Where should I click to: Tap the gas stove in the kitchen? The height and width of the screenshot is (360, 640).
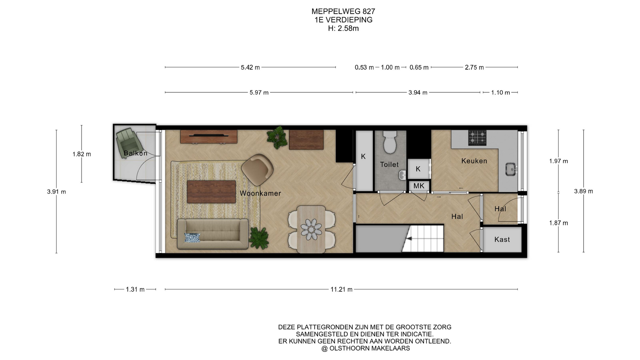click(x=477, y=138)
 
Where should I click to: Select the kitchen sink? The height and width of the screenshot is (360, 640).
click(x=510, y=169)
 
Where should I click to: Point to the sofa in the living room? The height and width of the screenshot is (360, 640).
click(x=213, y=234)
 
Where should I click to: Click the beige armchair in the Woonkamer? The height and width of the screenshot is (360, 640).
click(x=257, y=169)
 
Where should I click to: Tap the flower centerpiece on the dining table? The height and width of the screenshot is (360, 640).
click(x=311, y=229)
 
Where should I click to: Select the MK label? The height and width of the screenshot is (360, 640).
click(x=419, y=186)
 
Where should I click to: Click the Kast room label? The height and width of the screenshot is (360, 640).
click(x=502, y=239)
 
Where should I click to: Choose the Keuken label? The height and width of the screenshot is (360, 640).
click(x=474, y=161)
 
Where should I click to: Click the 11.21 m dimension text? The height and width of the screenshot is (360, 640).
click(x=341, y=289)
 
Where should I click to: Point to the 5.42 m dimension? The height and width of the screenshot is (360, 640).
click(x=250, y=67)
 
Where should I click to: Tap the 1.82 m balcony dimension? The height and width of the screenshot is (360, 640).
click(x=82, y=154)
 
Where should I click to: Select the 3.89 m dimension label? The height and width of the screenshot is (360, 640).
click(x=584, y=191)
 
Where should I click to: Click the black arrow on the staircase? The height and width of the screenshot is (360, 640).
click(x=409, y=238)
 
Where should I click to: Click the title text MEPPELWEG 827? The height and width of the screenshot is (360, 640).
click(x=343, y=11)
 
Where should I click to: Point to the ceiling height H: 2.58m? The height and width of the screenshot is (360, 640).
click(x=343, y=28)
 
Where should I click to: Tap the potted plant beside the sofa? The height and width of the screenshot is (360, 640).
click(x=259, y=237)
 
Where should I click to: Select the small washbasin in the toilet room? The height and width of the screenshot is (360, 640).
click(x=403, y=174)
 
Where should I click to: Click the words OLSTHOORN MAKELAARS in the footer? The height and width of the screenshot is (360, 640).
click(x=370, y=348)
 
